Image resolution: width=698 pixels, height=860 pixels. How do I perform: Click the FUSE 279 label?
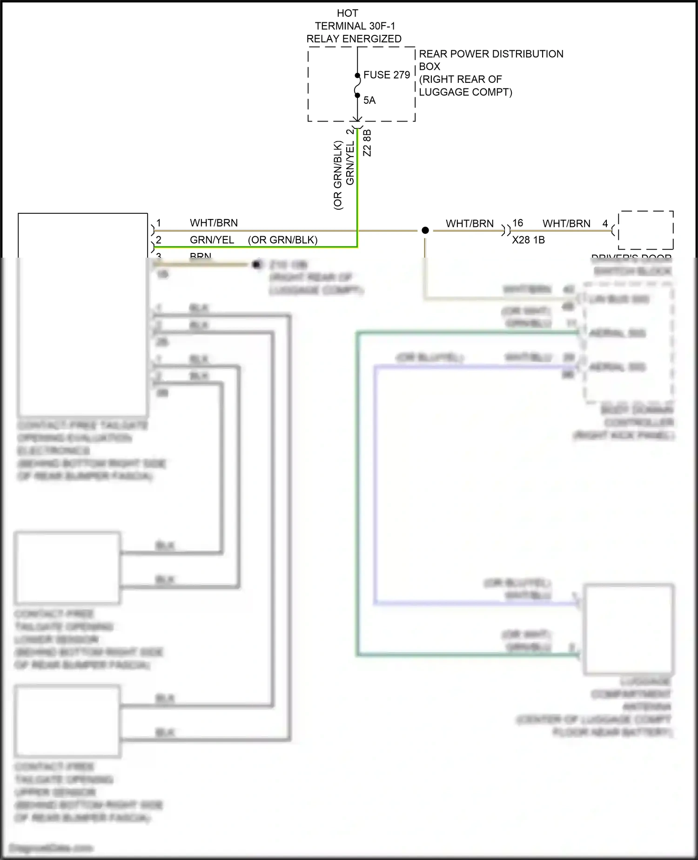coord(386,75)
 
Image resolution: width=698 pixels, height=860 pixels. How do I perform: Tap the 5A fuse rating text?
coord(369,100)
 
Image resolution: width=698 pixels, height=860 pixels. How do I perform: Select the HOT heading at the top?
coord(347,14)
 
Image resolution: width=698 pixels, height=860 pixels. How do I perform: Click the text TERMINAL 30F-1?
coord(355,26)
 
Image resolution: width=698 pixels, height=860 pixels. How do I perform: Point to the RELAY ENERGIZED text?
coord(354,39)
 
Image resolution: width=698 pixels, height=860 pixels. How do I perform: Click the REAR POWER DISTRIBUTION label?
coord(491,54)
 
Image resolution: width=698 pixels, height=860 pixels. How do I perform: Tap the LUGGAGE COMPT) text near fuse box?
coord(465,92)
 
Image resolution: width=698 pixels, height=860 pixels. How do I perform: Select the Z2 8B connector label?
coord(367,143)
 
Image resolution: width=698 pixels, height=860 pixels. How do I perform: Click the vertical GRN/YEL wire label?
coord(350,163)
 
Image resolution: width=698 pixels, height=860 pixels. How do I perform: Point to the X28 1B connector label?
coord(528,240)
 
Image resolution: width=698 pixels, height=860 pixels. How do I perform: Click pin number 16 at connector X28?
coord(517,223)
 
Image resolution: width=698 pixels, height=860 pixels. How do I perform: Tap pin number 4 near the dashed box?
coord(605,224)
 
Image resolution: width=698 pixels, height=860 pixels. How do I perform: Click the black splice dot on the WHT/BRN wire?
coord(425,230)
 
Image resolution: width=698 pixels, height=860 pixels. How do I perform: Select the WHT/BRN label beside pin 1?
coord(214,223)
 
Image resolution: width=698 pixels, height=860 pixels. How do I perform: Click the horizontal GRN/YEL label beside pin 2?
coord(212,240)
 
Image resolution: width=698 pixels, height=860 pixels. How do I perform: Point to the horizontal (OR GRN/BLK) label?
coord(282,240)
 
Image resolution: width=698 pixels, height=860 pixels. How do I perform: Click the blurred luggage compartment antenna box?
coord(629,629)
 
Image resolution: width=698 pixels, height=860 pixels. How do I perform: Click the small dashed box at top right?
coord(645,230)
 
